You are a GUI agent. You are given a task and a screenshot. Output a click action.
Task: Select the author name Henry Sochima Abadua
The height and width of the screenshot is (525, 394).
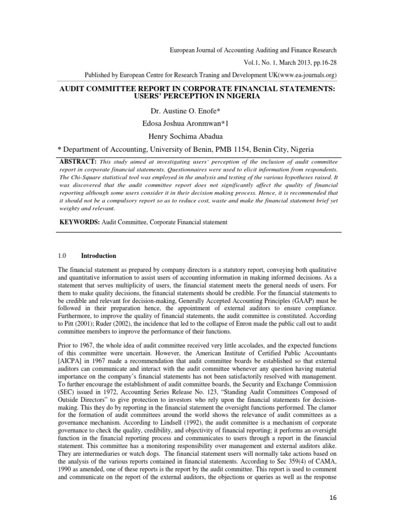pos(197,136)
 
